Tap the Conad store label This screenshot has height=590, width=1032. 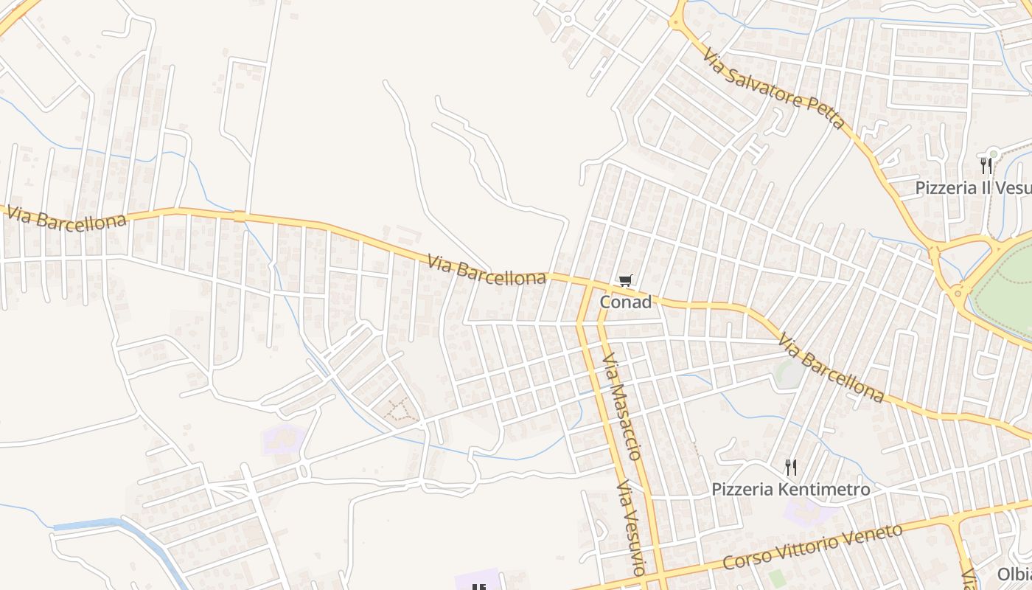(x=625, y=302)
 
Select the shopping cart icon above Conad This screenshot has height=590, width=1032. (x=626, y=280)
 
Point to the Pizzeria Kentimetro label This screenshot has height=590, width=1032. (x=790, y=489)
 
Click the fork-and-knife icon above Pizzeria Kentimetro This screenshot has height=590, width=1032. (x=790, y=467)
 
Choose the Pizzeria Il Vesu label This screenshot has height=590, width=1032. (x=972, y=187)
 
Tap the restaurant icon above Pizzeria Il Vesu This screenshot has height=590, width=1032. (x=986, y=165)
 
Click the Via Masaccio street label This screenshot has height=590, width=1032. (x=622, y=406)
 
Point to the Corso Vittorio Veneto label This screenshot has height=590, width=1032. (x=812, y=546)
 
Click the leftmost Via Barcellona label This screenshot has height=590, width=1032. (x=65, y=218)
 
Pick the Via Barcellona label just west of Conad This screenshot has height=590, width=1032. (x=487, y=269)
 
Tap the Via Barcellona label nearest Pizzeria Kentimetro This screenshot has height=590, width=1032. (x=831, y=369)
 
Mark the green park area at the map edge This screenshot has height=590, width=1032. (x=1006, y=284)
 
